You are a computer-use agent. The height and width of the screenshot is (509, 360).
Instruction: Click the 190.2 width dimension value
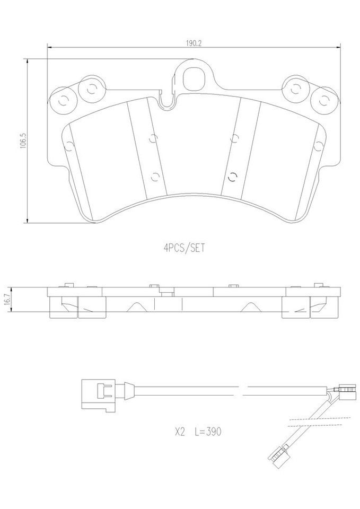click(192, 43)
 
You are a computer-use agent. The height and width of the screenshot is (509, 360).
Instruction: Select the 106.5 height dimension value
click(22, 141)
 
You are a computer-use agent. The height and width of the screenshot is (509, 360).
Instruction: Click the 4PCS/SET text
click(183, 247)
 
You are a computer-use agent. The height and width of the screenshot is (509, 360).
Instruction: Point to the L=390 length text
click(207, 432)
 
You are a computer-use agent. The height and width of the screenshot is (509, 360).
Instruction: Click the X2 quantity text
click(179, 432)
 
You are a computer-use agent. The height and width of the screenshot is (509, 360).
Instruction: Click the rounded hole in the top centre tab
click(192, 78)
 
